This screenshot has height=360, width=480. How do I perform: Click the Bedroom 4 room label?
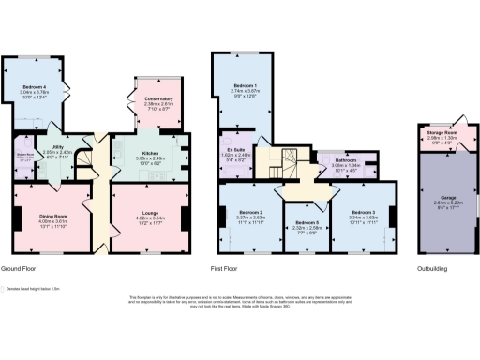(x=34, y=86)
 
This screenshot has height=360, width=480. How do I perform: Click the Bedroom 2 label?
(x=249, y=212)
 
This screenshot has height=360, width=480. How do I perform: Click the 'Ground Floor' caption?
(x=20, y=269)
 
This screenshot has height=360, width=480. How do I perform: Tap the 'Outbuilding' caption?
(x=430, y=269)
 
